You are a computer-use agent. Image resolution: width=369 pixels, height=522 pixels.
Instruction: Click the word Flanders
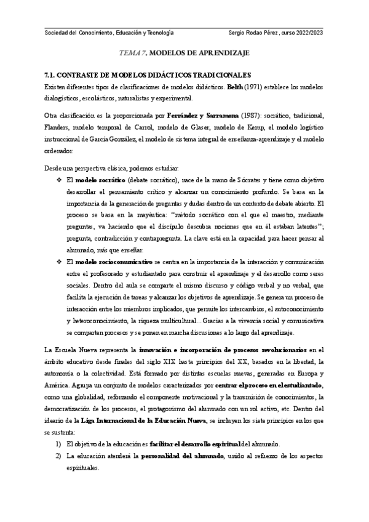[x=59, y=127]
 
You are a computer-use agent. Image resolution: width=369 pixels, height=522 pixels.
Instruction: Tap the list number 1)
[x=58, y=444]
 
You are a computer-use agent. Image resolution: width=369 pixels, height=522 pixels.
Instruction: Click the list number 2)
[x=58, y=456]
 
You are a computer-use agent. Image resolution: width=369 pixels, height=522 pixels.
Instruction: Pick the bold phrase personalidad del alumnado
[x=178, y=456]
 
